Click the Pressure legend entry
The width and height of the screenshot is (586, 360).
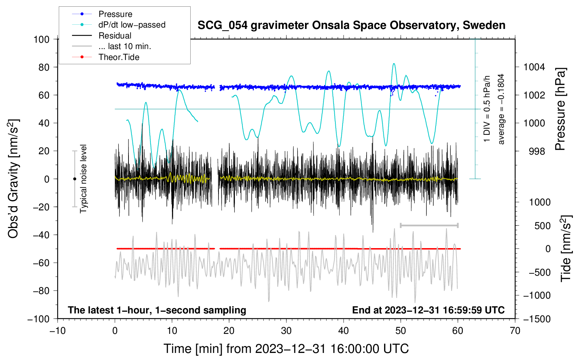[x=102, y=14]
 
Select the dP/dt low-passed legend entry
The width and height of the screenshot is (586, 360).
[x=119, y=25]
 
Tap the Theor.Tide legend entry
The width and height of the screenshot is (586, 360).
[x=106, y=57]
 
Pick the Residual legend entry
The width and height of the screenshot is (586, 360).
[x=102, y=36]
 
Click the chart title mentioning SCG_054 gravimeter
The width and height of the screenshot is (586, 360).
[x=351, y=25]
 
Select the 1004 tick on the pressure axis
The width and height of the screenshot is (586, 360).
[x=534, y=67]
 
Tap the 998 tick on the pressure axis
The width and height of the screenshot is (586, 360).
[x=537, y=151]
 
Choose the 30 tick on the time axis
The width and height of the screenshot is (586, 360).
[x=286, y=331]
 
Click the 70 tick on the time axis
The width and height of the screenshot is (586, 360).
[x=515, y=331]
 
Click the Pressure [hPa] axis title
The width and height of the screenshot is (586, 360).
[x=560, y=109]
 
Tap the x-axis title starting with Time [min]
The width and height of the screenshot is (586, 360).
[x=286, y=349]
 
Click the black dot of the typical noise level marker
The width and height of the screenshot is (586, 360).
[x=74, y=179]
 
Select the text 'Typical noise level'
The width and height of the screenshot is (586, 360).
[x=83, y=179]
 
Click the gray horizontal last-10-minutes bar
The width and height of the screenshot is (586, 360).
[x=429, y=225]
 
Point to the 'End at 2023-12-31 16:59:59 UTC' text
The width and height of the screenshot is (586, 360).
[x=428, y=310]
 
